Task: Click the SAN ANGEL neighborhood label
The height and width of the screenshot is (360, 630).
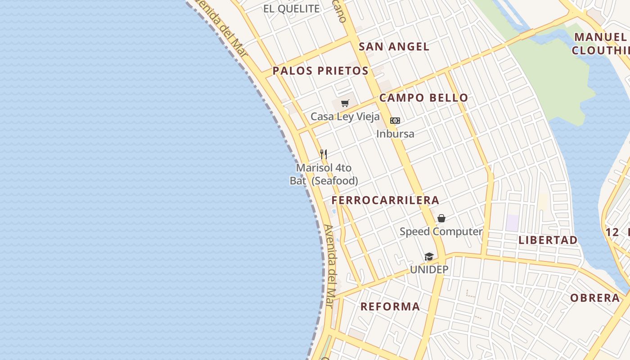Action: click(394, 46)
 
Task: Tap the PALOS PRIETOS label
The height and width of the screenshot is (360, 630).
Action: click(320, 71)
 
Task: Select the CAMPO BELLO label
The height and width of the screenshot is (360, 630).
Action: click(423, 98)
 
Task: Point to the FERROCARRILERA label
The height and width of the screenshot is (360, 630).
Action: click(385, 200)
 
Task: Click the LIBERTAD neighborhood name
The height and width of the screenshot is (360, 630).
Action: click(548, 240)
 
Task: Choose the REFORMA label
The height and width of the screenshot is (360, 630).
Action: click(390, 306)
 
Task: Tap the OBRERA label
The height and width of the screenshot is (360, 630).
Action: click(595, 298)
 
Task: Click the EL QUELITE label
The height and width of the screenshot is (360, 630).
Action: click(291, 9)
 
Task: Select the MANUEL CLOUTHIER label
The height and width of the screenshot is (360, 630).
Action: click(601, 44)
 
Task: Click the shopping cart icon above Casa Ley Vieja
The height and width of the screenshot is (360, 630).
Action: click(345, 103)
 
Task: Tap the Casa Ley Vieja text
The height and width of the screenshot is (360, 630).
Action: click(345, 117)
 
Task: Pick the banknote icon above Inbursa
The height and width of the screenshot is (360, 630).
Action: click(395, 121)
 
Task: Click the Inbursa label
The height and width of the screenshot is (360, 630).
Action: click(395, 134)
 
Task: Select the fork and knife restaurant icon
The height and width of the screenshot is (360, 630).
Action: click(323, 154)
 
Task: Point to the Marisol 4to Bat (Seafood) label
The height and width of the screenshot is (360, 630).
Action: click(324, 174)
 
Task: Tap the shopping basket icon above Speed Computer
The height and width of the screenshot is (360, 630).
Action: click(441, 218)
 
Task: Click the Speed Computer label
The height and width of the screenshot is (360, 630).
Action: click(441, 232)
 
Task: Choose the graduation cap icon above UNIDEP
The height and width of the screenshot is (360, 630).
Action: click(429, 256)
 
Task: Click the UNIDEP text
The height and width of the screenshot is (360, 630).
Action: click(429, 270)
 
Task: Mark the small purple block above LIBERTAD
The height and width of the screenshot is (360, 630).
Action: click(512, 223)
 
